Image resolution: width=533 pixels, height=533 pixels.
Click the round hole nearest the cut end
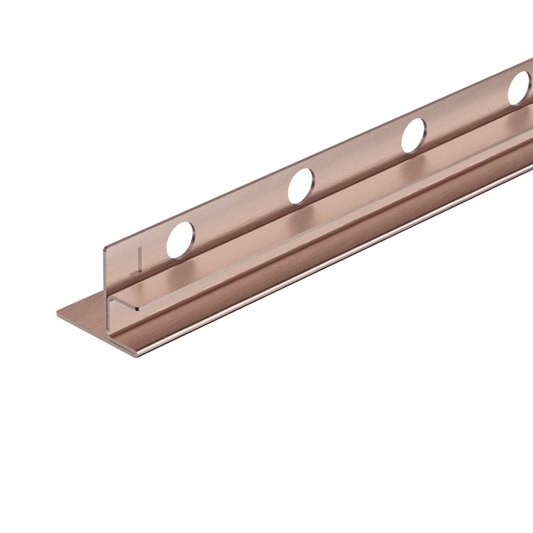pos(181,239)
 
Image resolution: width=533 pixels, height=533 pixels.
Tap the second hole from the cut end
pos(300,184)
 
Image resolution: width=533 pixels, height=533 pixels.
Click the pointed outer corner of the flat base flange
pos(58,315)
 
